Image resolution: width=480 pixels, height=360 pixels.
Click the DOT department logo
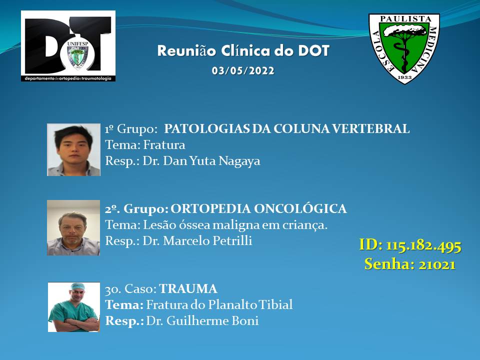[x=68, y=46]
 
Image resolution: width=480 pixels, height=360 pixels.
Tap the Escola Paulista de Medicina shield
[x=404, y=48]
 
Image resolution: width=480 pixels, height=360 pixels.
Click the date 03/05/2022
[x=243, y=70]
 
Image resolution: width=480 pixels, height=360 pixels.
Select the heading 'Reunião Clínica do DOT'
[x=243, y=51]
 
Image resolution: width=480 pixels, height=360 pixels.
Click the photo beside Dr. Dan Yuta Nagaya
[x=73, y=149]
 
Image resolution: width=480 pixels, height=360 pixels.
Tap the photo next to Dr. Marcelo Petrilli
[x=73, y=228]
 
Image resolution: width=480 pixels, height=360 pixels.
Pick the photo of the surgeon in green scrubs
[x=74, y=307]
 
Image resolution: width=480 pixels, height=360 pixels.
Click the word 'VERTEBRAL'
[x=371, y=129]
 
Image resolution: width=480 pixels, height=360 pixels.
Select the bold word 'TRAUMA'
[x=188, y=289]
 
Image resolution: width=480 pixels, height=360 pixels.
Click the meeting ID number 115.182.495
[x=423, y=246]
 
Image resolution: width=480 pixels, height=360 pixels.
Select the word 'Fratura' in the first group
[x=164, y=145]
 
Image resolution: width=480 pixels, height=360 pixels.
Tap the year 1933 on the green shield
[x=404, y=77]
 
